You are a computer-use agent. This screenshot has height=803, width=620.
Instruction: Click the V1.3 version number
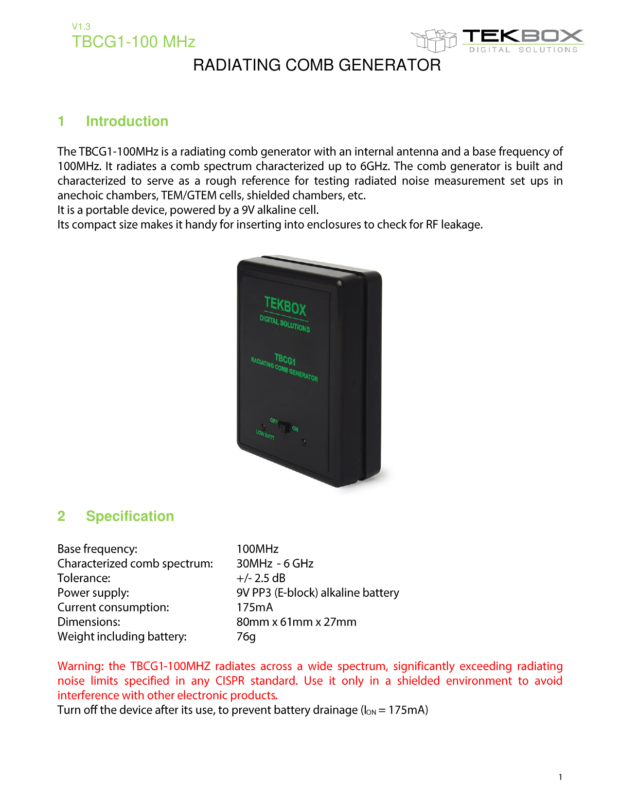81,27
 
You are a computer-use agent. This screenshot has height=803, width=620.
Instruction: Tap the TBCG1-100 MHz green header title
133,42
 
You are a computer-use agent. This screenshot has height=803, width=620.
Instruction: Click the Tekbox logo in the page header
497,40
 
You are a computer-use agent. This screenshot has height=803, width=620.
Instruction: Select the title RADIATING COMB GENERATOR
317,65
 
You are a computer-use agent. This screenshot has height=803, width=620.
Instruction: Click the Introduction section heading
127,121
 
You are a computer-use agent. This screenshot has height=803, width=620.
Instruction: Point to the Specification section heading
130,516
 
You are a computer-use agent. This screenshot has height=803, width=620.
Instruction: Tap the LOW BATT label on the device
265,434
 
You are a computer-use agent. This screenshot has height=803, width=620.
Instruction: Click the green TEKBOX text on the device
285,306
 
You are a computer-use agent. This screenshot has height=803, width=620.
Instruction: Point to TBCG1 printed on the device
285,360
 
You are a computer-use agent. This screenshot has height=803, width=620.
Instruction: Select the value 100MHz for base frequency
257,549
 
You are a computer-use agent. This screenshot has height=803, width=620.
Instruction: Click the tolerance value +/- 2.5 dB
261,578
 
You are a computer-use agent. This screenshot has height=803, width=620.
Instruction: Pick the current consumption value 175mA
254,607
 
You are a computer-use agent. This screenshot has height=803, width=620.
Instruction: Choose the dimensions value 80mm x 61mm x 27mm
296,622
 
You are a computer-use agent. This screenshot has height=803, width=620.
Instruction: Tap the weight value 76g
246,637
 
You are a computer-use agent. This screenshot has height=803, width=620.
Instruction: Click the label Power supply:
93,593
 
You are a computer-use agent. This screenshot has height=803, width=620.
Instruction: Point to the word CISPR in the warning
230,681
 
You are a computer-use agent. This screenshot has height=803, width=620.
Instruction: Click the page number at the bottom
560,777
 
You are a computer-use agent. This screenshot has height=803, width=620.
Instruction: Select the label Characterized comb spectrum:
135,564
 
